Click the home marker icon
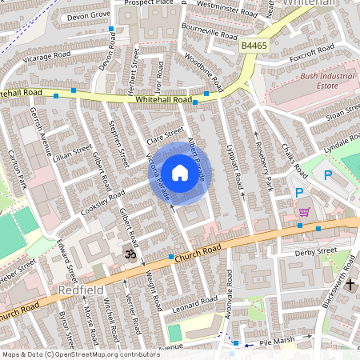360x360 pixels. click(180, 171)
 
